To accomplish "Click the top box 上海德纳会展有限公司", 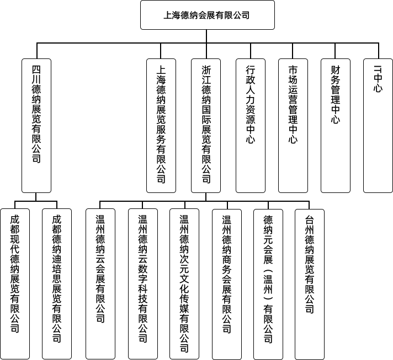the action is click(x=208, y=15).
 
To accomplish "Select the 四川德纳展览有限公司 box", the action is click(x=36, y=126).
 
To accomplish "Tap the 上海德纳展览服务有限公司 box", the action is click(x=161, y=126).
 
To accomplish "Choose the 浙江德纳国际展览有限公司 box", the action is click(x=206, y=126).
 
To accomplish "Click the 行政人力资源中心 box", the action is click(x=251, y=126).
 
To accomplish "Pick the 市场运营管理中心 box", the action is click(x=293, y=126).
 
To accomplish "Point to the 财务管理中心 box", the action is click(x=336, y=126).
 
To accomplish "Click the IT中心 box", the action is click(x=378, y=126).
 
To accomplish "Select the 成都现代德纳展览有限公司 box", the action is click(x=15, y=284).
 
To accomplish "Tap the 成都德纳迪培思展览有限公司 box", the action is click(x=57, y=284).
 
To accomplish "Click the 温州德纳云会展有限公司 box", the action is click(x=100, y=284).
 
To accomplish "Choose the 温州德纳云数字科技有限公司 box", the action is click(x=143, y=284).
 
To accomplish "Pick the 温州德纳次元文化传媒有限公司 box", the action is click(x=184, y=284).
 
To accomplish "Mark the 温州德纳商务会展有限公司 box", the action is click(x=227, y=284).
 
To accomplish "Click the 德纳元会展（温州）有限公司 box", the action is click(x=268, y=284).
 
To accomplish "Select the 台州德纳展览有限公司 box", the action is click(x=310, y=284).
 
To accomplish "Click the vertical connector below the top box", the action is click(x=206, y=36).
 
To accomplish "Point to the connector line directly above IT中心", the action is click(x=379, y=51).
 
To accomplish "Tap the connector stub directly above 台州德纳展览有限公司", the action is click(x=309, y=205).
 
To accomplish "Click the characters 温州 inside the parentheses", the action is click(x=268, y=285).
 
